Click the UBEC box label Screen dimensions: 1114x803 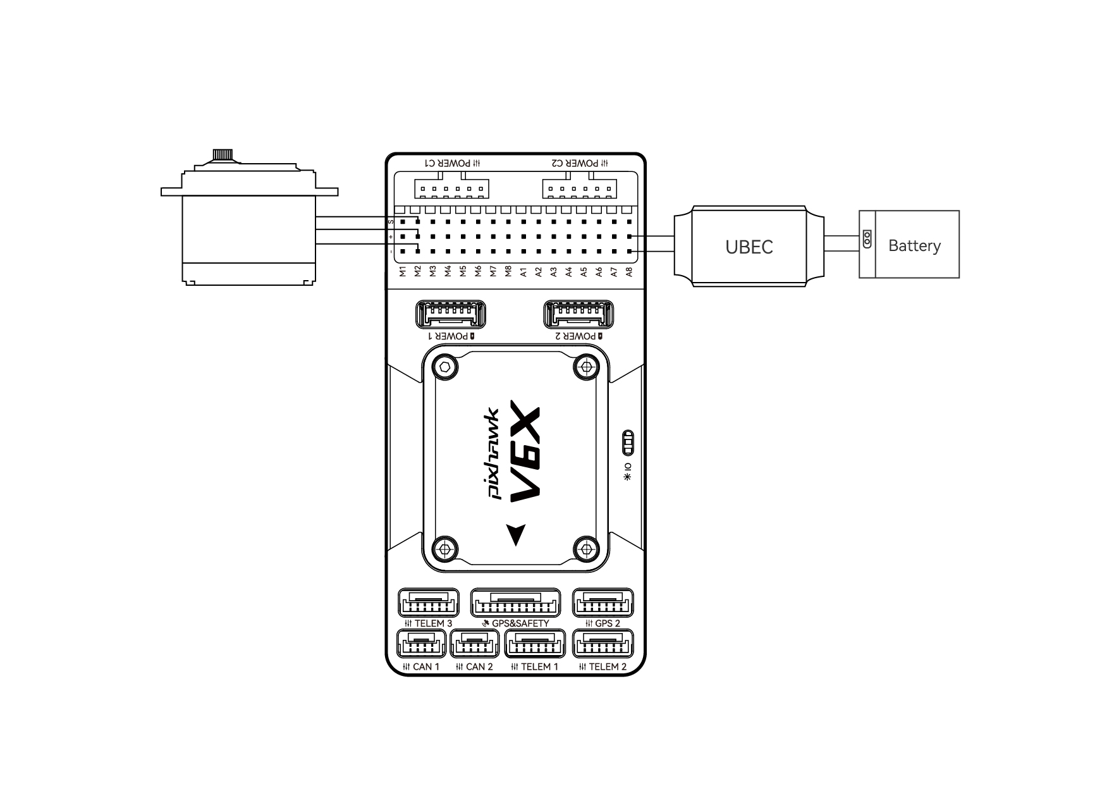click(x=749, y=247)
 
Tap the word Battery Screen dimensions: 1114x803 click(x=914, y=245)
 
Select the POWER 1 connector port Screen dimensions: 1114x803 click(x=451, y=314)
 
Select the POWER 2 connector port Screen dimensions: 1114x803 click(x=578, y=314)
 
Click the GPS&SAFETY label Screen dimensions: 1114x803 click(x=515, y=623)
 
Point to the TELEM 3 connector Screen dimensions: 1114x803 click(x=429, y=603)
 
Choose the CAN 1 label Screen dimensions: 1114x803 click(x=421, y=666)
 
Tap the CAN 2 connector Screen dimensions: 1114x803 click(x=475, y=645)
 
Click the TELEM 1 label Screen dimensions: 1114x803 click(x=535, y=666)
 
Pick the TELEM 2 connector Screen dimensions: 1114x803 click(x=603, y=645)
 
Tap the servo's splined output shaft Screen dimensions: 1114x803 click(x=221, y=154)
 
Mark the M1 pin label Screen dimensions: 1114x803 click(x=403, y=272)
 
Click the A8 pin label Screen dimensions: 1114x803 click(x=629, y=272)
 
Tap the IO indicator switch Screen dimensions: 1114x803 click(x=628, y=443)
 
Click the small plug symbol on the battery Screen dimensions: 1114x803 click(x=867, y=239)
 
